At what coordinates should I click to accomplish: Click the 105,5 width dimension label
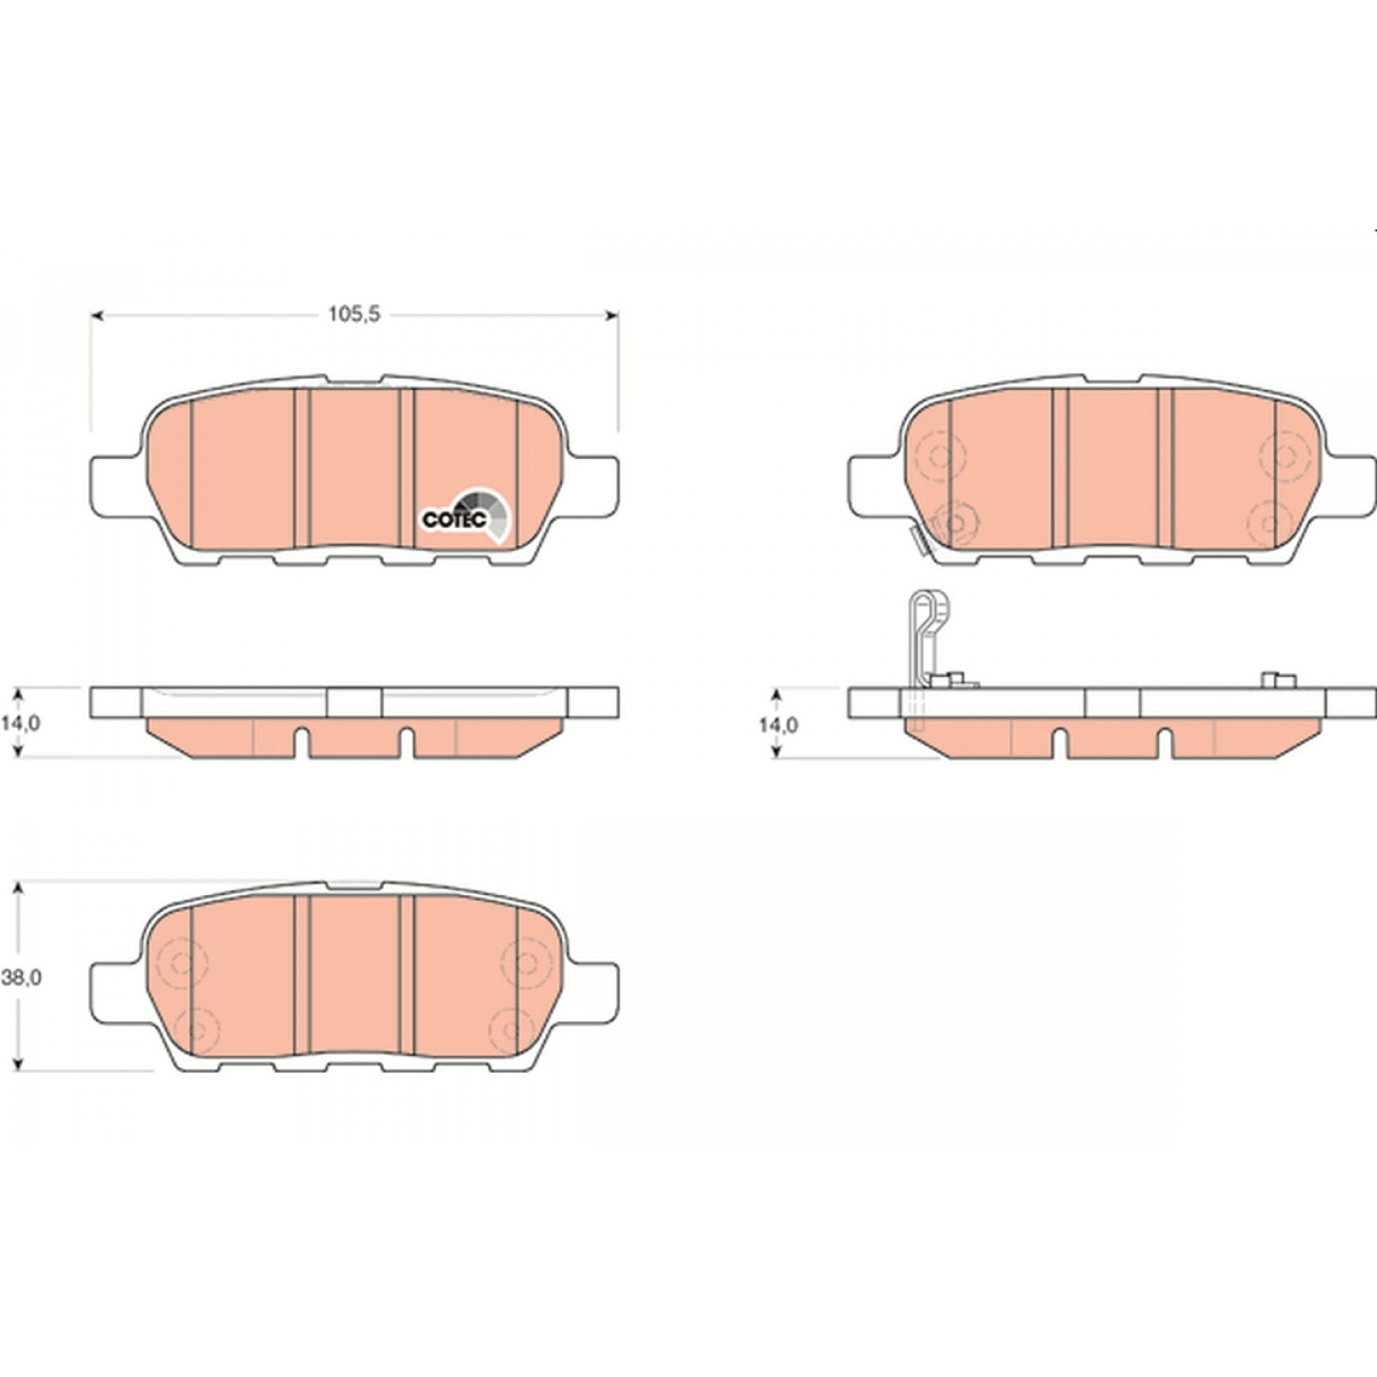coord(354,315)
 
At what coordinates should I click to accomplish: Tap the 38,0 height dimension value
coord(21,978)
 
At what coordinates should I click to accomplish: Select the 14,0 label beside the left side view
coord(20,723)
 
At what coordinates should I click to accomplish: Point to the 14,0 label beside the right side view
coord(778,725)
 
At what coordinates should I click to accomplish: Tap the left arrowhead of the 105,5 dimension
coord(98,316)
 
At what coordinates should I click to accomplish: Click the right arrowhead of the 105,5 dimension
coord(611,316)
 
